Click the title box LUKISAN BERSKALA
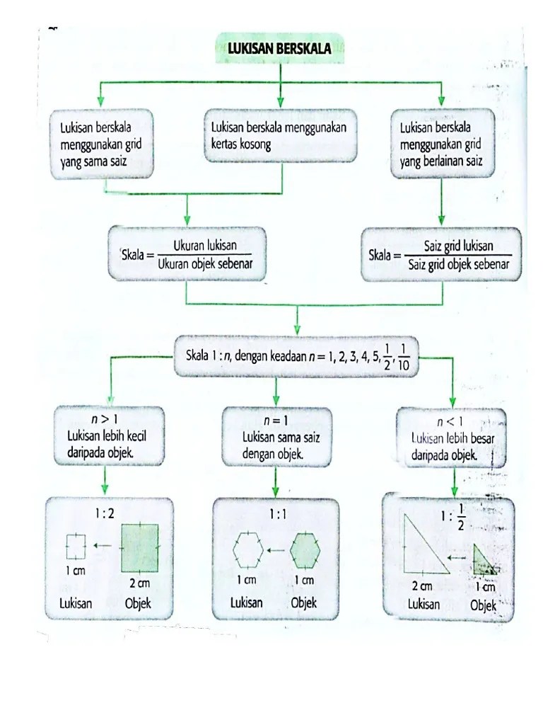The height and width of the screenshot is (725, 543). (280, 50)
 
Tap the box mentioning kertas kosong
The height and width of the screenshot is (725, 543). (281, 136)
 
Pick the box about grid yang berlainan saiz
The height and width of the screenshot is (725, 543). (443, 144)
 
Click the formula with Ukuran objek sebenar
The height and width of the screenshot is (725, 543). (186, 255)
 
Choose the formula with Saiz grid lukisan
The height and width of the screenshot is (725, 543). (443, 255)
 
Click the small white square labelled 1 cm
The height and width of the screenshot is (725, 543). (76, 545)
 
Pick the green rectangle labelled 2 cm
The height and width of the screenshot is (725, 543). (139, 547)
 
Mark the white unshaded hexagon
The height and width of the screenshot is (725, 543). (248, 549)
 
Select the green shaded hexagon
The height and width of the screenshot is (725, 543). (305, 549)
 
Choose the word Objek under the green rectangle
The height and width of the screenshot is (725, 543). (138, 604)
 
